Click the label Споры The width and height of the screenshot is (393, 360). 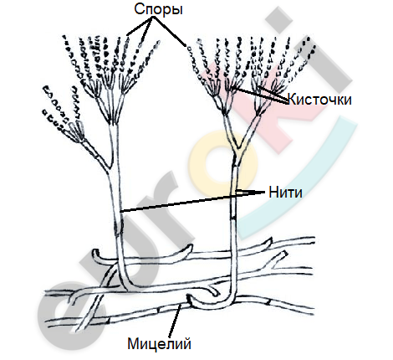(158, 10)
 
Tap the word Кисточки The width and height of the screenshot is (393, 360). (319, 100)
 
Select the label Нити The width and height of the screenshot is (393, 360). (285, 193)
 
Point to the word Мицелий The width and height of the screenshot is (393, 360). (160, 343)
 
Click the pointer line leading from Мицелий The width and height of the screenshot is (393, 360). (175, 321)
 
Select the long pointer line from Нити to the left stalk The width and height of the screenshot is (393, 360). (192, 202)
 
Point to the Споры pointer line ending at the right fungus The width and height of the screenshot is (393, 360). (169, 31)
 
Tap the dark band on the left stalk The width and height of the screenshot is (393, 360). (119, 229)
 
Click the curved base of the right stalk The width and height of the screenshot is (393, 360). (223, 301)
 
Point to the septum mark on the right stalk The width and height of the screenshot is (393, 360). (234, 218)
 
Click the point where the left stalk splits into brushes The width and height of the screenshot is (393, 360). (114, 123)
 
